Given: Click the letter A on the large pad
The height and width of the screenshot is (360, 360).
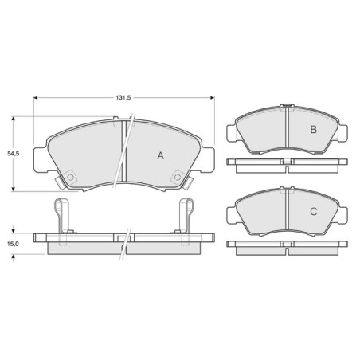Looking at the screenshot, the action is (x=161, y=155).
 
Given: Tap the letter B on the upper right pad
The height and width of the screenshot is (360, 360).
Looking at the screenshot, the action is (x=314, y=130).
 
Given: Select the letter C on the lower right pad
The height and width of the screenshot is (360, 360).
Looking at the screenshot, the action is (x=314, y=212).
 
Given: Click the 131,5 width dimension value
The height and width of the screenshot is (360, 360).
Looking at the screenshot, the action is (x=123, y=98).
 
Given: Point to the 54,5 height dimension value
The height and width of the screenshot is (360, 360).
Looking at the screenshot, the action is (x=14, y=153).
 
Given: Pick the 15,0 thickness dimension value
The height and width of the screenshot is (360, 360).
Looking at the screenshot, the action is (x=13, y=244).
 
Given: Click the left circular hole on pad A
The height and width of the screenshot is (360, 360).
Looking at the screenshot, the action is (x=70, y=177).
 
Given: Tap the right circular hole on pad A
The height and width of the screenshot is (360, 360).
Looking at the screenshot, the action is (x=178, y=177).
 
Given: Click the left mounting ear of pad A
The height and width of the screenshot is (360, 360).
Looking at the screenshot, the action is (x=41, y=160).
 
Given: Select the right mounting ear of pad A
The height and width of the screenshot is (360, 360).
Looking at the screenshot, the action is (x=208, y=160).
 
